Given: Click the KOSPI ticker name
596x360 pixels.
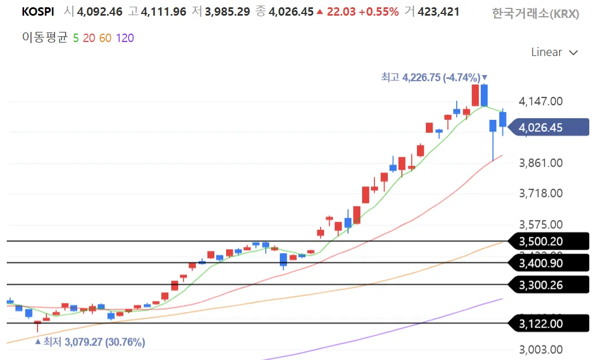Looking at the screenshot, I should (x=38, y=11).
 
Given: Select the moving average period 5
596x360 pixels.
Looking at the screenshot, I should (x=76, y=38).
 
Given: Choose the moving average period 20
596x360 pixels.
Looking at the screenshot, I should (x=88, y=38).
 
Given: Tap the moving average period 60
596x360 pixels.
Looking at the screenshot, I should (x=105, y=38).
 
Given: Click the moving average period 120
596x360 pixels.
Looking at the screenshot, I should (x=125, y=38).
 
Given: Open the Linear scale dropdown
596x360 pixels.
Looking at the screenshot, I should (x=553, y=52).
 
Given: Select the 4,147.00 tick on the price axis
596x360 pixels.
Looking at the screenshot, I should (x=541, y=101).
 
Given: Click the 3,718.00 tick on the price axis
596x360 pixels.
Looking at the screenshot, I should (x=541, y=193).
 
